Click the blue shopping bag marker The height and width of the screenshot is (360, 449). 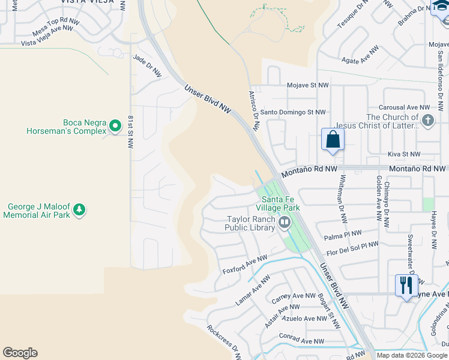click(333, 140)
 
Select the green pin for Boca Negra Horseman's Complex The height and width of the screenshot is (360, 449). click(115, 126)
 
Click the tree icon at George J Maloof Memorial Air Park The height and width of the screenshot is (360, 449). click(79, 210)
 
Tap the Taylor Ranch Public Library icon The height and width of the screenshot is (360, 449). click(285, 223)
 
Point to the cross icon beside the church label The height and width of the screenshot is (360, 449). click(427, 121)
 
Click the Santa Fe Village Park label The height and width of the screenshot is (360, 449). click(278, 203)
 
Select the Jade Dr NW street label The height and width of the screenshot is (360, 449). click(148, 65)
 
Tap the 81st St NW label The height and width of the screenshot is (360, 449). click(130, 132)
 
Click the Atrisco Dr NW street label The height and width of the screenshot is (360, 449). click(253, 111)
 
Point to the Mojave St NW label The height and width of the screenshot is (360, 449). click(307, 86)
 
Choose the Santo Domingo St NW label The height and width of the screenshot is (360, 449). click(292, 112)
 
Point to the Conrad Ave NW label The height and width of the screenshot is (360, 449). click(301, 341)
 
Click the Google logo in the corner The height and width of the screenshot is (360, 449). click(20, 353)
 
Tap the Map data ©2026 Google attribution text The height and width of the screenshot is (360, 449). click(412, 355)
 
